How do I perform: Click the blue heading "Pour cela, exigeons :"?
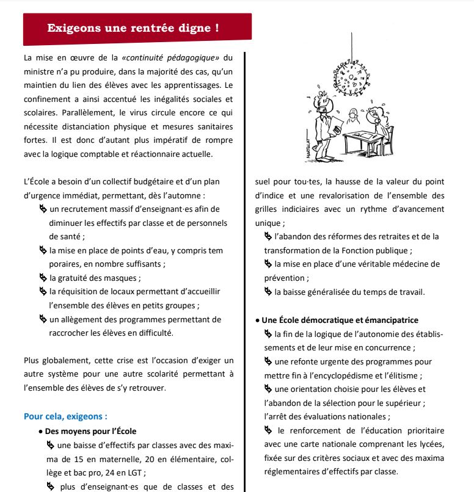pos(65,417)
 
